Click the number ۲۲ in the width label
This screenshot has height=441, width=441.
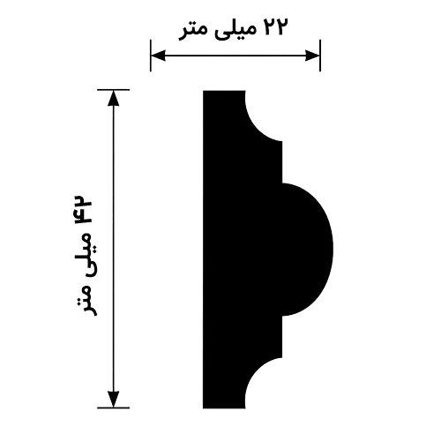(x=273, y=26)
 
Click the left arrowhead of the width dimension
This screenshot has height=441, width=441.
(x=158, y=56)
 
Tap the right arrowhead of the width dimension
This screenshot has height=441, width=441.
(x=312, y=56)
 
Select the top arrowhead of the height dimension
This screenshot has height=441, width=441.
(x=114, y=98)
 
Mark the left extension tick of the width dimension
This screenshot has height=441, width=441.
(x=151, y=56)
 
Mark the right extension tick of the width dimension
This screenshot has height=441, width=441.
(x=320, y=56)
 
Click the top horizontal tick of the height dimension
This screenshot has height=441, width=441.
(x=114, y=90)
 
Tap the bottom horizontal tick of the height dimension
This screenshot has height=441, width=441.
(x=114, y=407)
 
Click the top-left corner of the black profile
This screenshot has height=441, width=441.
(x=203, y=91)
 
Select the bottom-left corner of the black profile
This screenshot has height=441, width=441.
(x=203, y=408)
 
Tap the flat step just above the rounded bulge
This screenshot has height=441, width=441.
(x=282, y=162)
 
